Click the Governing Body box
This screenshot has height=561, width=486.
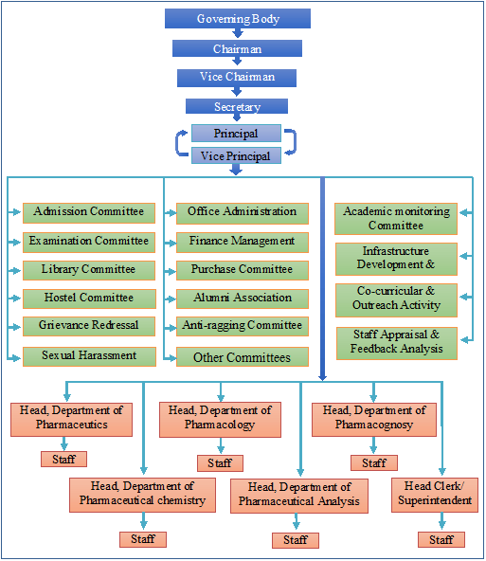click(x=238, y=19)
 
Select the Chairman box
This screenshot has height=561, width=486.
click(x=237, y=48)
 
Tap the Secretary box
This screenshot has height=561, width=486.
click(x=237, y=106)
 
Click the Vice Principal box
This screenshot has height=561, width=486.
click(x=236, y=155)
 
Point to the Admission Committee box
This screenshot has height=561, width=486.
click(x=89, y=213)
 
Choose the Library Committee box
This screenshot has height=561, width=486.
click(x=89, y=270)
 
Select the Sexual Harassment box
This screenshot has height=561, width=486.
click(x=89, y=356)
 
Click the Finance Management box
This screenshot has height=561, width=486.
click(x=243, y=243)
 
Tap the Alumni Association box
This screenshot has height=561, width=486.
click(x=243, y=299)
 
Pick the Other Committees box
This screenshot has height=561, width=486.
click(x=243, y=356)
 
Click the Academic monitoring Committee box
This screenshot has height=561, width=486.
click(x=396, y=219)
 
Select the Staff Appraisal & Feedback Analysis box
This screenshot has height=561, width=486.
click(x=397, y=343)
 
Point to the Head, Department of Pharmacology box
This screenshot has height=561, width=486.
click(x=221, y=420)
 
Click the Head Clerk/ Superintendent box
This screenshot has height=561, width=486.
click(x=435, y=495)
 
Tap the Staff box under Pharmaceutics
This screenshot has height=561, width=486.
click(x=64, y=459)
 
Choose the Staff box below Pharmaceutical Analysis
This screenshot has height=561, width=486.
click(x=296, y=540)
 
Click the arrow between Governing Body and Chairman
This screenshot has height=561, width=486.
click(x=238, y=33)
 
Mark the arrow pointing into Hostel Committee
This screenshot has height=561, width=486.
click(x=14, y=298)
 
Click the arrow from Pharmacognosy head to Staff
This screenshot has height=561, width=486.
click(x=373, y=445)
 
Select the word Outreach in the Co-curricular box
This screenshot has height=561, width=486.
click(x=374, y=305)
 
